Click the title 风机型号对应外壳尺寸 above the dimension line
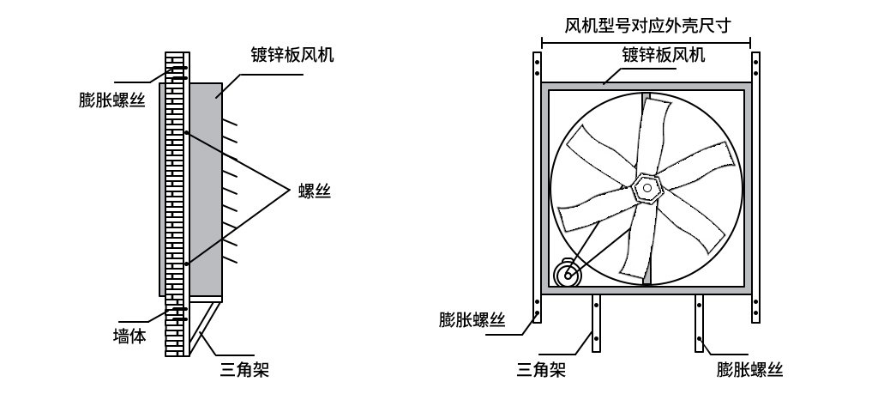[x=647, y=25]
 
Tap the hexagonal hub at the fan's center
[x=648, y=189]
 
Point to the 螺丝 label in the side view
[x=315, y=191]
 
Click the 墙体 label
[x=129, y=336]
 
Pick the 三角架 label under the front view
[x=541, y=369]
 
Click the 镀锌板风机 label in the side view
[x=292, y=55]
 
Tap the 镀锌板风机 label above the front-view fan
[x=664, y=55]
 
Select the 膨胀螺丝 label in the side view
[x=112, y=100]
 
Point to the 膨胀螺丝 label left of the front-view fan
[x=472, y=320]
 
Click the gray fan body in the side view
[x=206, y=191]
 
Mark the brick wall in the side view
[x=174, y=204]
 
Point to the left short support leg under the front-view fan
[x=597, y=324]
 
